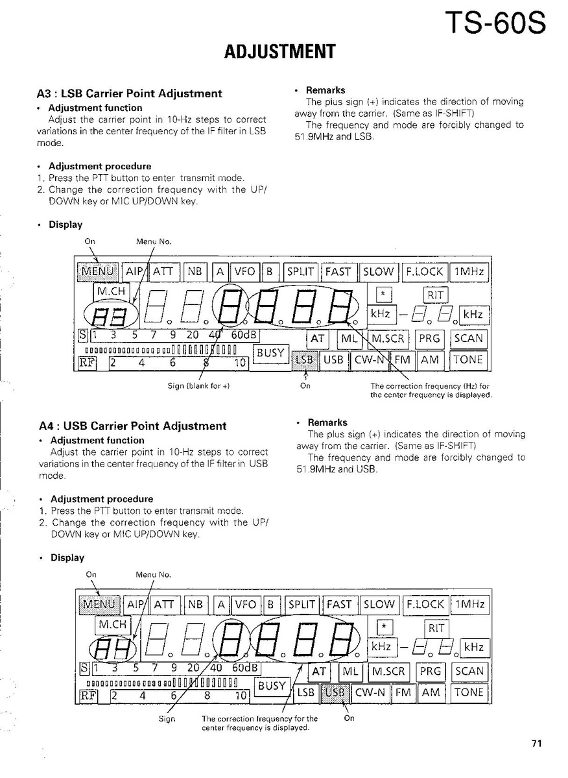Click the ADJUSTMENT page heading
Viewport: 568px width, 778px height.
(x=280, y=51)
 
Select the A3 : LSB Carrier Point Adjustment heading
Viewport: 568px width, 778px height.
(x=130, y=93)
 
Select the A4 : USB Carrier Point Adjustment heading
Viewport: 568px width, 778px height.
(x=133, y=426)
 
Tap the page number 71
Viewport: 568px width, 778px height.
(x=536, y=744)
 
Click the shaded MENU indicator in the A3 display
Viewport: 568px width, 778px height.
(x=98, y=272)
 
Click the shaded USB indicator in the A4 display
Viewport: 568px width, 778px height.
(x=335, y=692)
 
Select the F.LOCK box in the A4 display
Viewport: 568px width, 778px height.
(x=425, y=604)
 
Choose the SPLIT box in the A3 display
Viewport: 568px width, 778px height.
(x=301, y=272)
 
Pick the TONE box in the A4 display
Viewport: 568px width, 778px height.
(x=469, y=692)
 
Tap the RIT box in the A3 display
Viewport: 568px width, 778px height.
(x=436, y=295)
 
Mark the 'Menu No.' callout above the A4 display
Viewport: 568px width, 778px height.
(x=153, y=574)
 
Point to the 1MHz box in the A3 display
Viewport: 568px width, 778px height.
(x=469, y=272)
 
